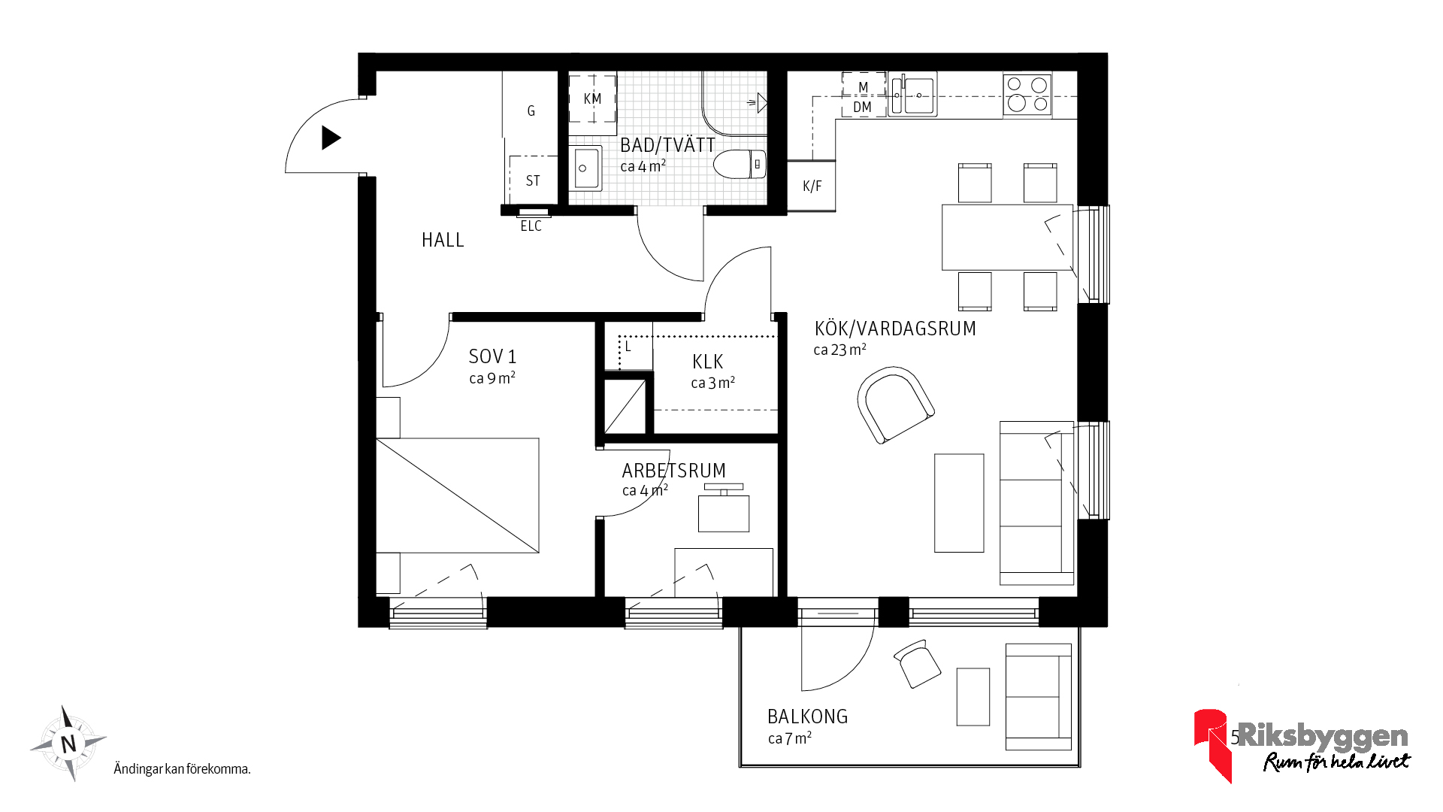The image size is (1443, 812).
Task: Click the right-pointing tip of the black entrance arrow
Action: coord(342,138)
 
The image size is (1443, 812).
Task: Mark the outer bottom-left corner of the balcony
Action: coord(740,767)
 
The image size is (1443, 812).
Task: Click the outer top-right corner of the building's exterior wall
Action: coord(1107,53)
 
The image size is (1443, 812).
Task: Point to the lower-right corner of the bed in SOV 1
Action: coord(539,553)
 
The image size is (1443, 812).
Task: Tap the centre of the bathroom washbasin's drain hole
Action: coord(582,168)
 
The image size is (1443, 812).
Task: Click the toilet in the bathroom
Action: coord(740,164)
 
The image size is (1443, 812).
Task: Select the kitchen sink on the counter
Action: coord(912,95)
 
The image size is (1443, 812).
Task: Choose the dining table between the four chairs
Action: coord(1008,237)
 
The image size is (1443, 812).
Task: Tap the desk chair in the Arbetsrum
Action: coord(724,509)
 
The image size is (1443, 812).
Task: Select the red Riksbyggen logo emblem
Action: coord(1212,744)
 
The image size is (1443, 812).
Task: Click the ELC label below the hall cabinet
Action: coord(531,226)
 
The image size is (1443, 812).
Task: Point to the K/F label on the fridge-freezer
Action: coord(812,186)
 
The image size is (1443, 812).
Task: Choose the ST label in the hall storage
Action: coord(533,180)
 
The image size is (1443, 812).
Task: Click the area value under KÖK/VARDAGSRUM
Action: coord(839,350)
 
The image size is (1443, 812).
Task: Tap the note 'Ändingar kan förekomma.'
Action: coord(182,768)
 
